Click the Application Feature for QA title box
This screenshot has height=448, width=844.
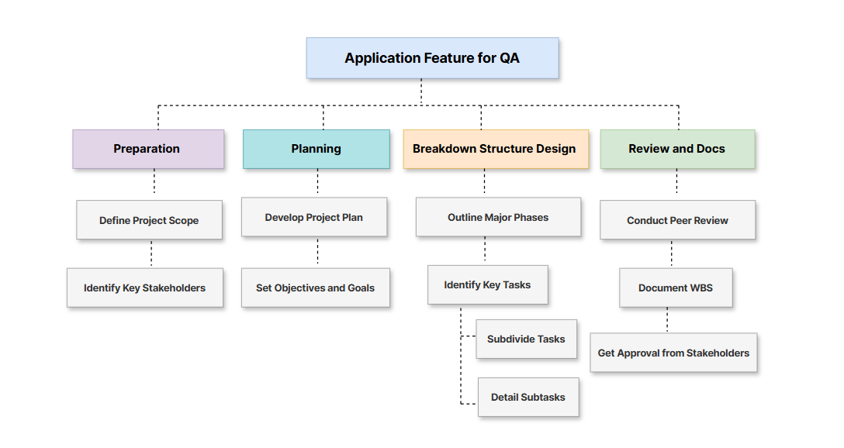pos(432,58)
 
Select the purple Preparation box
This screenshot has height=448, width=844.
pos(147,149)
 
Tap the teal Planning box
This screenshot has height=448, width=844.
pos(316,149)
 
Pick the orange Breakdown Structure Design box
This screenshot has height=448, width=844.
pos(495,149)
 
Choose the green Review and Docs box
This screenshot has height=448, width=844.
pos(676,149)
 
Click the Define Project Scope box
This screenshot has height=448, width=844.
pos(149,220)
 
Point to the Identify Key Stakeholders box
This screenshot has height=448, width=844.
pos(144,288)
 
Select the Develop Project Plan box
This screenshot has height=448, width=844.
pos(313,217)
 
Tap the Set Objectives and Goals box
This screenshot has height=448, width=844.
pos(315,288)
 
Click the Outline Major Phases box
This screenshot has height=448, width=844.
pos(497,217)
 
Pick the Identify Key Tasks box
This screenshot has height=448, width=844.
pos(487,284)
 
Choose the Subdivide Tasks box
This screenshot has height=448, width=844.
pos(526,339)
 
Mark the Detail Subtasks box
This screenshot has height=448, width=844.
pos(527,397)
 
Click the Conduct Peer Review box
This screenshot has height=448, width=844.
pos(677,220)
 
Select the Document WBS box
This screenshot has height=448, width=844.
pos(675,288)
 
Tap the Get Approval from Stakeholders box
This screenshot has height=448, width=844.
pos(673,353)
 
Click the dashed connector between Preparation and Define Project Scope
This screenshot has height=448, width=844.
pos(154,184)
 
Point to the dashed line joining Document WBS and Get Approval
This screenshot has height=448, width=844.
pos(667,320)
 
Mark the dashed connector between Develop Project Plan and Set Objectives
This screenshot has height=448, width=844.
pos(317,252)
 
